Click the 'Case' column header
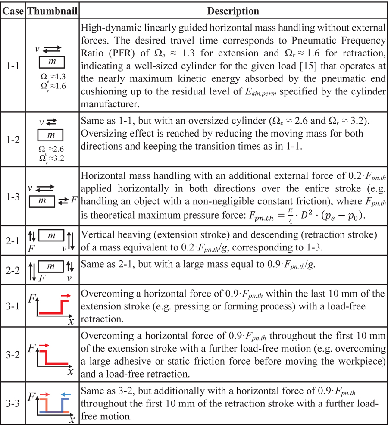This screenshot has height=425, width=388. (x=13, y=10)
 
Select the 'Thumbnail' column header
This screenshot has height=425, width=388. (x=52, y=10)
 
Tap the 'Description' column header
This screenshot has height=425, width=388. (x=233, y=10)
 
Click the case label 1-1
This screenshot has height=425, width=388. (x=13, y=67)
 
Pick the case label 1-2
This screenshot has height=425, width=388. (x=13, y=140)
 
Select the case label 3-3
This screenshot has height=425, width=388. (x=13, y=405)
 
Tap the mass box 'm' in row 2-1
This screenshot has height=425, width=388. (x=51, y=236)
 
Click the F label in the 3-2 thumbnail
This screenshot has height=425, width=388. (x=31, y=347)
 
